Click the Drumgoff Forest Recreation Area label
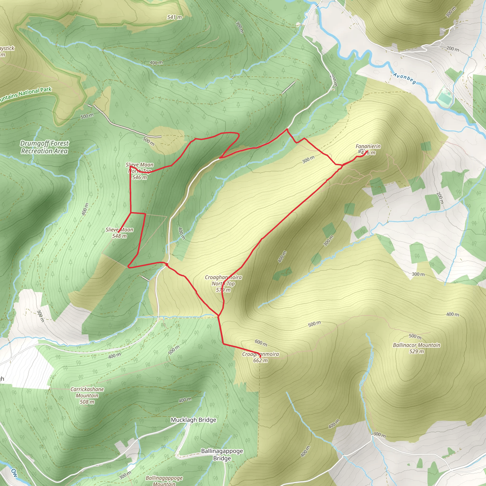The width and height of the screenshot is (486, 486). coord(44,147)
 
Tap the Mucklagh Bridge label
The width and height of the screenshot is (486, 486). coord(193,420)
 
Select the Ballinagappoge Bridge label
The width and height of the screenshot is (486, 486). coord(222,454)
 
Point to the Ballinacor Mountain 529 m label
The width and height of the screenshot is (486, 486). coord(416,348)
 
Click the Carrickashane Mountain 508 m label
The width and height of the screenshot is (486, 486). coord(87,395)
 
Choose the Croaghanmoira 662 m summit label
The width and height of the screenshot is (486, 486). coord(261,357)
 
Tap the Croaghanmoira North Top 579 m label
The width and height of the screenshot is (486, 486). coord(223,284)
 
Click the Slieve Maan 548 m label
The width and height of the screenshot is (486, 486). coord(120,233)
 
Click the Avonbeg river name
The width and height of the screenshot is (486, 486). coord(405,79)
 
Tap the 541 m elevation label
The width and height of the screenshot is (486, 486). coord(174,17)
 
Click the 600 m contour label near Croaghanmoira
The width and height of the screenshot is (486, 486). coord(261,342)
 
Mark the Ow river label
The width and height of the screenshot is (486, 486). coord(14,472)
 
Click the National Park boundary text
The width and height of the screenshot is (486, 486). coord(25,95)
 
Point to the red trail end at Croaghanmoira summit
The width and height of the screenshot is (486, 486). coord(260,357)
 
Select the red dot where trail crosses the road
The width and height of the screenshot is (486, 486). coord(167,264)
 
